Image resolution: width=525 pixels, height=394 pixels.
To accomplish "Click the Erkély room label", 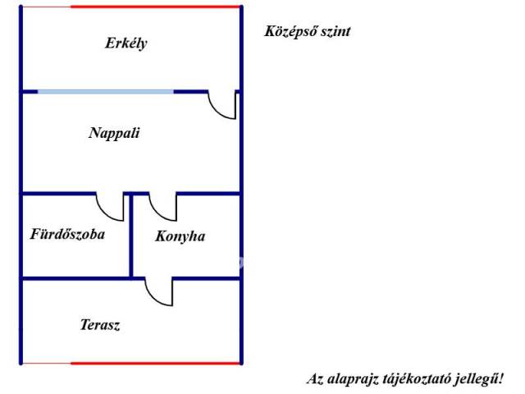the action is pyautogui.click(x=126, y=44).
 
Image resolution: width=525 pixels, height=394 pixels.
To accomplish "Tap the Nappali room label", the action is pyautogui.click(x=114, y=133).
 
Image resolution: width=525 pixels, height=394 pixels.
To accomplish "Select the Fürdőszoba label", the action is pyautogui.click(x=67, y=234).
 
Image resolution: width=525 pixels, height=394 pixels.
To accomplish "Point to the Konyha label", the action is pyautogui.click(x=180, y=236).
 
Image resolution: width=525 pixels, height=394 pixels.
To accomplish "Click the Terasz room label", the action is pyautogui.click(x=100, y=325).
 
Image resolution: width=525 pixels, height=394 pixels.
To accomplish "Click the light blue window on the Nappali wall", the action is pyautogui.click(x=106, y=92).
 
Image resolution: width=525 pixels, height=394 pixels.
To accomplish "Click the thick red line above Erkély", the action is pyautogui.click(x=156, y=7).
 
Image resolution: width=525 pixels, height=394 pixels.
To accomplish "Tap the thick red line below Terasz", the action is pyautogui.click(x=156, y=363).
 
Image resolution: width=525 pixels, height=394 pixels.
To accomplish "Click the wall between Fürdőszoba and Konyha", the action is pyautogui.click(x=131, y=236).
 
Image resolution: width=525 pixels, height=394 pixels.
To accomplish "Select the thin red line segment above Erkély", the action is pyautogui.click(x=47, y=7).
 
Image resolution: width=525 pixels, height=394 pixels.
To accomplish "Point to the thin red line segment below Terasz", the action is pyautogui.click(x=47, y=363).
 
